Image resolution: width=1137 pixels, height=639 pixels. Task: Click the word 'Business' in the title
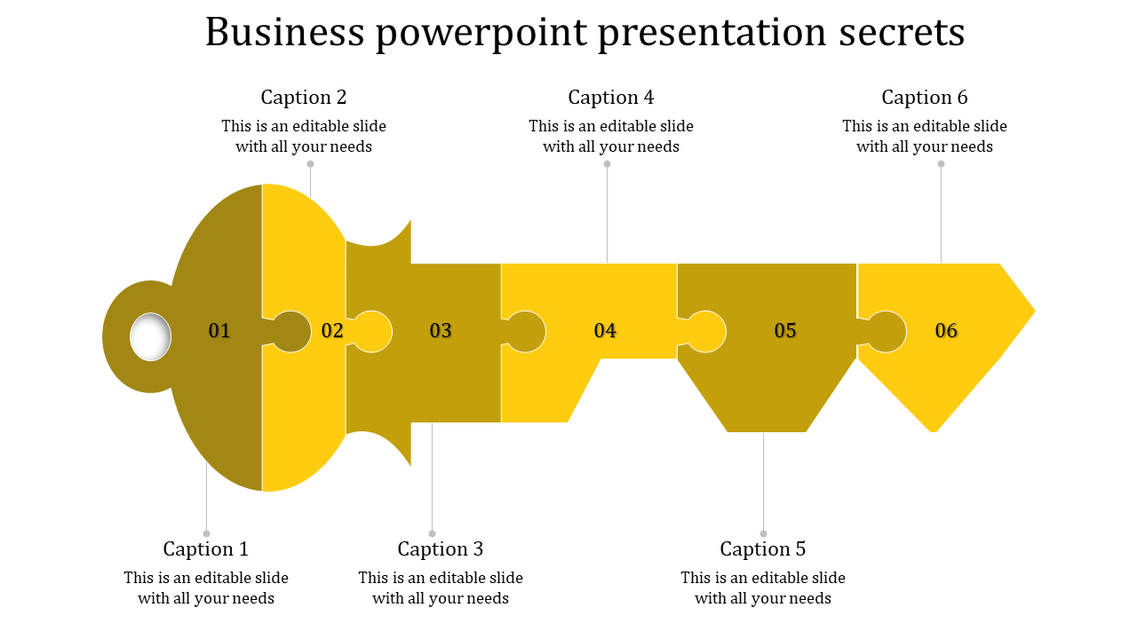pyautogui.click(x=285, y=33)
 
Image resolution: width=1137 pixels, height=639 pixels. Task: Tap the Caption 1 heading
pyautogui.click(x=206, y=548)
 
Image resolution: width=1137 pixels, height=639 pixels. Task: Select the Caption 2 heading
pyautogui.click(x=304, y=97)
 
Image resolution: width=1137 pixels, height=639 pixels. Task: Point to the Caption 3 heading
pyautogui.click(x=441, y=548)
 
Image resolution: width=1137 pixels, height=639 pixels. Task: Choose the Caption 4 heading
pyautogui.click(x=611, y=97)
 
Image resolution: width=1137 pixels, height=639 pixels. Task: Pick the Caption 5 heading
pyautogui.click(x=763, y=548)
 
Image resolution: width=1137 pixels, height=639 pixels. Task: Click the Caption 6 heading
pyautogui.click(x=925, y=97)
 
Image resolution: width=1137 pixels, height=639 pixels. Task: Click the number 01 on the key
pyautogui.click(x=219, y=331)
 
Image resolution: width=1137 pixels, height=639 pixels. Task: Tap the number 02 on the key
pyautogui.click(x=332, y=331)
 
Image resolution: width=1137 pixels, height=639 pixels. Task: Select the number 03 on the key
pyautogui.click(x=441, y=331)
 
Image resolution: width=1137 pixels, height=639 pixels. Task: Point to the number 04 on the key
pyautogui.click(x=605, y=331)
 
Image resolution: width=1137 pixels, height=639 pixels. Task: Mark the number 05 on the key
pyautogui.click(x=785, y=331)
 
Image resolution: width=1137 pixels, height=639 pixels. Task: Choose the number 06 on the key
pyautogui.click(x=947, y=331)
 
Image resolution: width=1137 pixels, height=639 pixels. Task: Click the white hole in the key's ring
pyautogui.click(x=150, y=337)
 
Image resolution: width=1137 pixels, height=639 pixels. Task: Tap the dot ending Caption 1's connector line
pyautogui.click(x=207, y=533)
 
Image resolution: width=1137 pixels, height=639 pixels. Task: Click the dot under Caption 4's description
pyautogui.click(x=608, y=163)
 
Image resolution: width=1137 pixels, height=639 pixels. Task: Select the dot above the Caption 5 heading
pyautogui.click(x=763, y=533)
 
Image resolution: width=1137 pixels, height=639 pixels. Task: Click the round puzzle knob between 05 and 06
pyautogui.click(x=886, y=332)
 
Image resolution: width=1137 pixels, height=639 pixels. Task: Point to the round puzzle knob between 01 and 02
pyautogui.click(x=290, y=332)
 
